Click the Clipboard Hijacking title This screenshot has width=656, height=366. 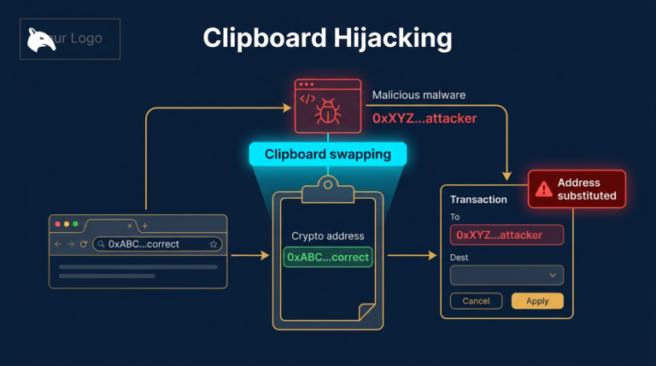coord(327,38)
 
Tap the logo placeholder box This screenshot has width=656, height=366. coord(70,39)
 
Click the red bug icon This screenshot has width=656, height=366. coord(327,111)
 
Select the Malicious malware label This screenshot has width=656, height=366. coord(419,95)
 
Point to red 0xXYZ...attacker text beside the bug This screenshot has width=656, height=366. coord(424,119)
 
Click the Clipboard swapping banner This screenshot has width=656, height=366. coord(327,154)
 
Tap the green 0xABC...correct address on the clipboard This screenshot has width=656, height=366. coord(328,257)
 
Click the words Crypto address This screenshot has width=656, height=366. coord(328,235)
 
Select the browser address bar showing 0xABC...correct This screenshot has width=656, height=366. coord(158,244)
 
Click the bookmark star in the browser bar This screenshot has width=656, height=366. coord(214,244)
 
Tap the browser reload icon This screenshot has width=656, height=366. coord(83,244)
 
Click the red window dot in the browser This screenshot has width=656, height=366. coord(58,224)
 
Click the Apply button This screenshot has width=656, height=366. coord(536,301)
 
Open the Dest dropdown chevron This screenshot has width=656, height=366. coord(553,275)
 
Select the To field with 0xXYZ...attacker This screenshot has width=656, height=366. coord(507,235)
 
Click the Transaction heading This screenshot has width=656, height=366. coord(478,200)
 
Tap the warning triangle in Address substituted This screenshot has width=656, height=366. coord(543,189)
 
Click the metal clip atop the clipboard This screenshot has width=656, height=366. coord(328,184)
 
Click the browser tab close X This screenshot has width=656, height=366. coord(130,225)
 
